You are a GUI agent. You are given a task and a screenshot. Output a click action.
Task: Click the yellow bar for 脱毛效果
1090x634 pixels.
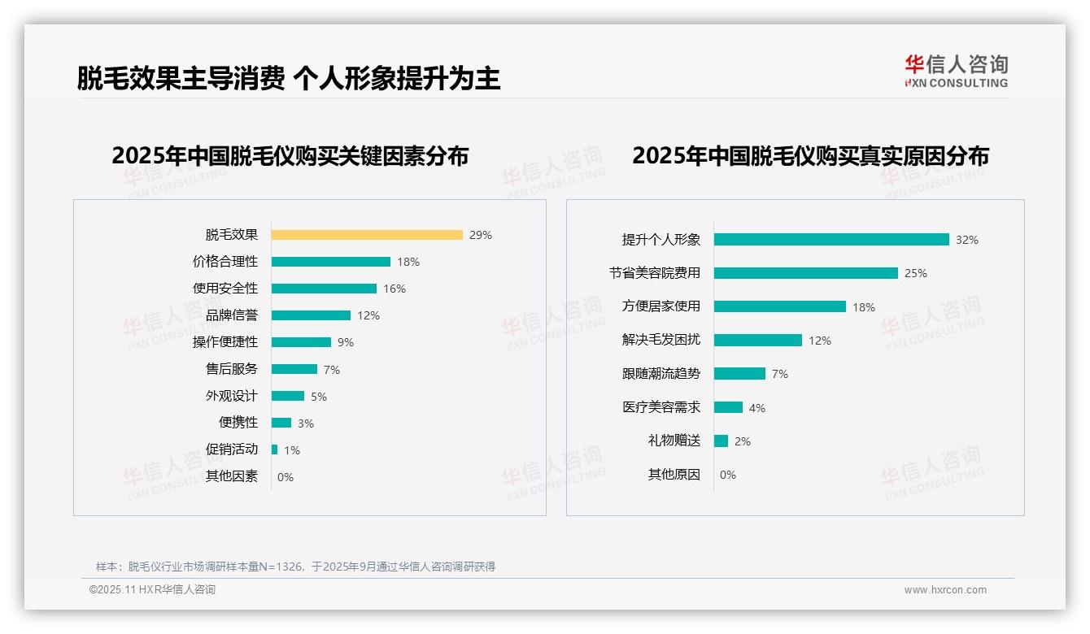(367, 235)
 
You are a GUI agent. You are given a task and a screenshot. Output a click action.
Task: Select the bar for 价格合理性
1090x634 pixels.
(331, 262)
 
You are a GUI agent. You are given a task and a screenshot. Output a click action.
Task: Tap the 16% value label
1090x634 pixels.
(395, 289)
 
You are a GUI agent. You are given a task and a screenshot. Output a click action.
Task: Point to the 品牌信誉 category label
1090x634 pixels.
(232, 315)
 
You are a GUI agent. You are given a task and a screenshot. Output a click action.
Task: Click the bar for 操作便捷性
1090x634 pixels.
(301, 342)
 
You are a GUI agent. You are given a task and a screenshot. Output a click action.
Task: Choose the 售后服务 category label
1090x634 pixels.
(232, 369)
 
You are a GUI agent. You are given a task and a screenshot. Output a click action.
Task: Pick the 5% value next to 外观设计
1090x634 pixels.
(319, 397)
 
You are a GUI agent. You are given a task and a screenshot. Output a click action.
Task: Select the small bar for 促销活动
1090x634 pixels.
(275, 449)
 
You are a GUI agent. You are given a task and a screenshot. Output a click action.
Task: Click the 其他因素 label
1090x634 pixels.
(232, 476)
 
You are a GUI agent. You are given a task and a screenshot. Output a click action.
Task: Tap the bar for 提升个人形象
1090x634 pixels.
(831, 240)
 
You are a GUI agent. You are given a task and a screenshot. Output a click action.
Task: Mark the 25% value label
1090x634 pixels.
(916, 273)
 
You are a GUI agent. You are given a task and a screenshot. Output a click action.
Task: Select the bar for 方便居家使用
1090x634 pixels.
(780, 306)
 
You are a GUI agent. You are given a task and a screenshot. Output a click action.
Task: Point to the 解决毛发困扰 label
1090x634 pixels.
(661, 340)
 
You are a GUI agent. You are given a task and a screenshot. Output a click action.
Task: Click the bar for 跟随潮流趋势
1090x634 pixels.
(739, 374)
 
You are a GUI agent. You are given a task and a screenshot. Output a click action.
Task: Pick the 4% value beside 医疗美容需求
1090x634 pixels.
(757, 408)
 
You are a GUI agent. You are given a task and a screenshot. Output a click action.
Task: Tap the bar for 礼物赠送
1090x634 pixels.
(722, 441)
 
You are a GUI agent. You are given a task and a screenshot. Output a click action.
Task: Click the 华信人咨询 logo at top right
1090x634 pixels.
(957, 71)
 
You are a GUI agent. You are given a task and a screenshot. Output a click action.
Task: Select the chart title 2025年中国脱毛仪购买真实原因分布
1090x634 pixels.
(810, 156)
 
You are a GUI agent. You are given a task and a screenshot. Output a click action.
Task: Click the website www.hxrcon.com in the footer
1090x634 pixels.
(945, 590)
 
